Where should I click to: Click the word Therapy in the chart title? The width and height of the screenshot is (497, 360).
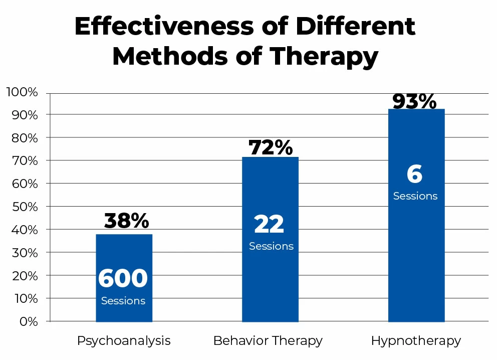click(327, 57)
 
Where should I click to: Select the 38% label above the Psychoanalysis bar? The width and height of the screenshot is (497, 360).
click(126, 220)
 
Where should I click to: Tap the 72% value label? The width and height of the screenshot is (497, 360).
click(271, 147)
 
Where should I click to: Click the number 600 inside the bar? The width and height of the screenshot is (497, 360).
click(123, 279)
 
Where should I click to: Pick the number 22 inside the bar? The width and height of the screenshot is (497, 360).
click(269, 225)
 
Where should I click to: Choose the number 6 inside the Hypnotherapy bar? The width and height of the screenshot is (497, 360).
click(414, 174)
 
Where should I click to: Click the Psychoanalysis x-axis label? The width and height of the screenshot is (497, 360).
click(124, 341)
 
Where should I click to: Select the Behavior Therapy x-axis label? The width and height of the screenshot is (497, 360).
click(268, 341)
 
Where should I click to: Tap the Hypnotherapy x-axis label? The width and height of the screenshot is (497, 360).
click(416, 341)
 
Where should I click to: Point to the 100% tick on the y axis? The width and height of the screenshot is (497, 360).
click(22, 92)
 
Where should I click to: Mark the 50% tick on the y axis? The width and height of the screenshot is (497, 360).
click(24, 207)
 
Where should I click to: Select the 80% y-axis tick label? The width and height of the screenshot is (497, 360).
click(24, 138)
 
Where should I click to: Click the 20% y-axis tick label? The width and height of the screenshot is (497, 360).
click(24, 276)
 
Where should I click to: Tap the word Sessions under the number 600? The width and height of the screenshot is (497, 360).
click(123, 301)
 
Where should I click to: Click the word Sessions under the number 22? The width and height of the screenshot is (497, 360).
click(271, 246)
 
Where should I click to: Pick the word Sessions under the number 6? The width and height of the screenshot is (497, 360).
click(415, 196)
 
